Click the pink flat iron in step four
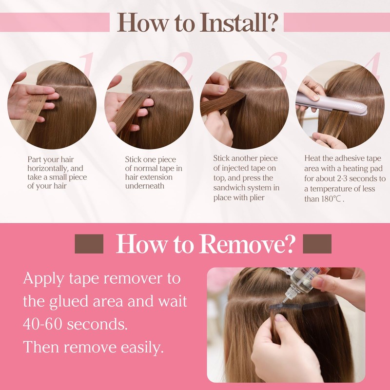(x=331, y=104)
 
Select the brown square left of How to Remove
(x=89, y=244)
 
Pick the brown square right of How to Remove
(x=317, y=244)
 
